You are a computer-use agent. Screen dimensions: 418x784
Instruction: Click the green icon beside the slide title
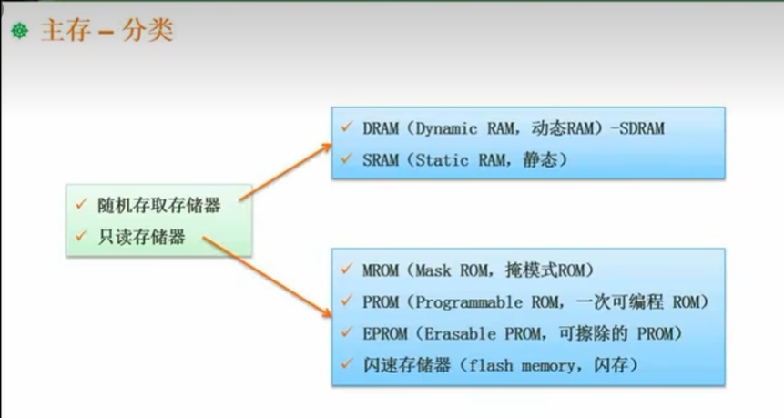[19, 32]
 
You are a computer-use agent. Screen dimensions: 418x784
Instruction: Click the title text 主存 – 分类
[106, 32]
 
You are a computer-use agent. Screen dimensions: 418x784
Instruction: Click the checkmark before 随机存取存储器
[80, 203]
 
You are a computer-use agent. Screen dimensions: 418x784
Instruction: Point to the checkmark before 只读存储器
[80, 236]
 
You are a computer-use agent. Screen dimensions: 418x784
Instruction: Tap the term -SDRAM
[635, 128]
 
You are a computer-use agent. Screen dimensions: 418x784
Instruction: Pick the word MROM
[379, 270]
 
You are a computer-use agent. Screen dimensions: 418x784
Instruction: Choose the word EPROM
[383, 333]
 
